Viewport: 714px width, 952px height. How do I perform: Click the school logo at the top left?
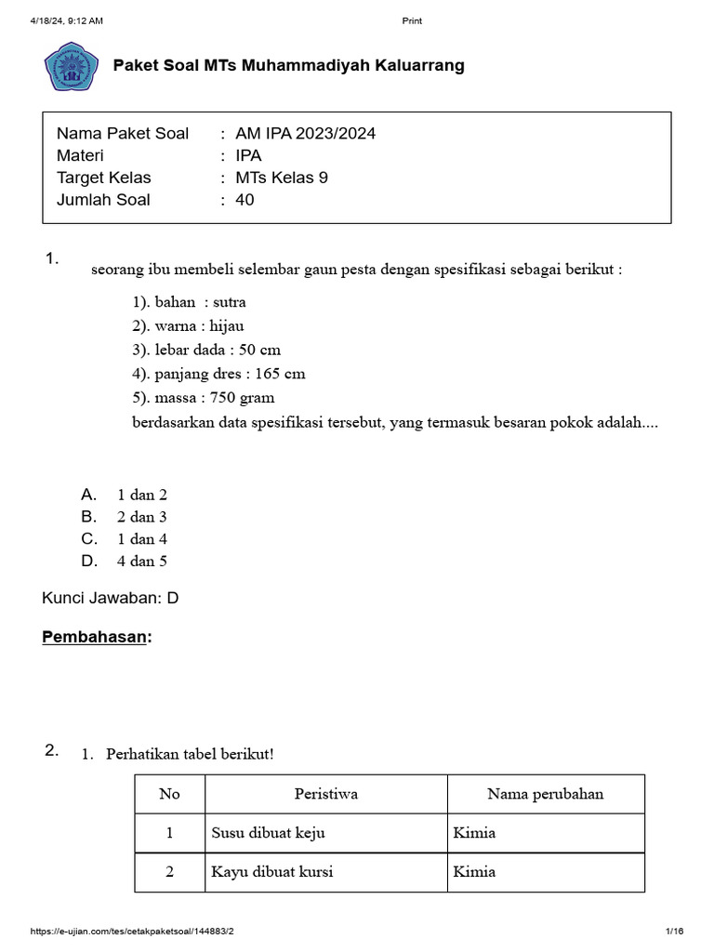pos(71,67)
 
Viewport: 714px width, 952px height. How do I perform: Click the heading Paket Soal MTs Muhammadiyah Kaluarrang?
pos(288,66)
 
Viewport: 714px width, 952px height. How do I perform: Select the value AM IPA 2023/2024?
pos(306,133)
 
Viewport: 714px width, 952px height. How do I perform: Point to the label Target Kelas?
pos(104,178)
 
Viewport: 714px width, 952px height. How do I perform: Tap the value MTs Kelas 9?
pos(282,178)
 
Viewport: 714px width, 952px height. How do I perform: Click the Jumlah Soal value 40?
pos(245,200)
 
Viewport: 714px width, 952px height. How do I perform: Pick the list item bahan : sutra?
pos(189,302)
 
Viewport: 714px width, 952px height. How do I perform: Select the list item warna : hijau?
pos(188,326)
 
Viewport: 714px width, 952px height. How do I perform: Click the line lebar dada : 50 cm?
pos(205,350)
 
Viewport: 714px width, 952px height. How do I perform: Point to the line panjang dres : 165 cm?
pos(218,374)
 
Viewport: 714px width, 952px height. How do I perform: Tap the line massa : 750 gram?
pos(203,398)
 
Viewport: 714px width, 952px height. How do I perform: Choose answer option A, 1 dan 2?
pos(141,495)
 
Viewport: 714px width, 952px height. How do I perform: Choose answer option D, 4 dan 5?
pos(141,562)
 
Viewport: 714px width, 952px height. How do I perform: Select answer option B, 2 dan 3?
pos(141,517)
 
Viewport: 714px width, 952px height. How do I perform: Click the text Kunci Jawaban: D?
pos(111,599)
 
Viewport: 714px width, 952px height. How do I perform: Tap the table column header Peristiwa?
pos(326,794)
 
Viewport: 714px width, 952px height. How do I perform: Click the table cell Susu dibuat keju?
pos(268,833)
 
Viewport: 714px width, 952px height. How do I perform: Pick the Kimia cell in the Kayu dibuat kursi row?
pos(474,872)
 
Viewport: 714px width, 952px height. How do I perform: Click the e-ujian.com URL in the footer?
pos(133,932)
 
